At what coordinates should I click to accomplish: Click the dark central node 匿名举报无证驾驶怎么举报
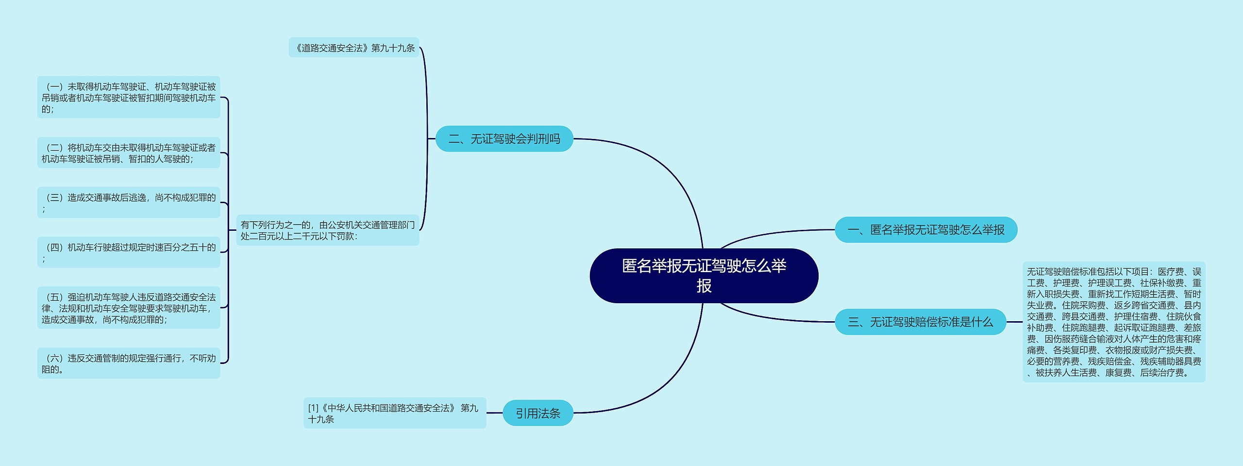(x=704, y=276)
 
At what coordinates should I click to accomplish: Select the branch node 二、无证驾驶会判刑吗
(x=504, y=139)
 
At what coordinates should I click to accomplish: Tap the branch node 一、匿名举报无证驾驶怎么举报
(x=925, y=230)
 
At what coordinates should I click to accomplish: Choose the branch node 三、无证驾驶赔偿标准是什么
(x=920, y=322)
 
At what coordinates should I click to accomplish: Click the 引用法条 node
(x=538, y=413)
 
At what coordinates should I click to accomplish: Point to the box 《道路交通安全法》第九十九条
(x=353, y=48)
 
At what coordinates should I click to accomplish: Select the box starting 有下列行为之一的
(x=327, y=230)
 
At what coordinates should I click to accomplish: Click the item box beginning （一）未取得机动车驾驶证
(x=129, y=97)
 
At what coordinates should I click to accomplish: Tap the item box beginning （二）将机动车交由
(x=129, y=153)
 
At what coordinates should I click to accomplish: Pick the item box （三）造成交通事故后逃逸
(x=129, y=203)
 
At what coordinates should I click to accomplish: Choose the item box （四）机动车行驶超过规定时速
(x=129, y=252)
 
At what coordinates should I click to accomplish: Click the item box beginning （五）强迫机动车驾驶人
(x=129, y=308)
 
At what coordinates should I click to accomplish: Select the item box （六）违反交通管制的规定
(x=129, y=363)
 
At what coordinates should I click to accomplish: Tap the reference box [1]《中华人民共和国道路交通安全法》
(x=394, y=413)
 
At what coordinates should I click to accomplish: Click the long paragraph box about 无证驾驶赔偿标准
(x=1113, y=322)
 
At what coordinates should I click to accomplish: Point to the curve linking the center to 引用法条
(x=670, y=379)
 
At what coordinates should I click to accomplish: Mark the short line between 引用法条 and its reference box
(x=494, y=413)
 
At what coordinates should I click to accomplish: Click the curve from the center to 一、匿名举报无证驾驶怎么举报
(x=777, y=232)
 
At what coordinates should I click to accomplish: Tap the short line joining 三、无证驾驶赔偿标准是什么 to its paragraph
(x=1014, y=322)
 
